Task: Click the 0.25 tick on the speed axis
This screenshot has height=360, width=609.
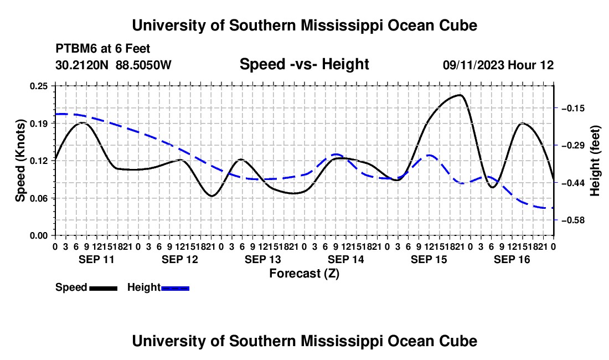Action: (x=39, y=86)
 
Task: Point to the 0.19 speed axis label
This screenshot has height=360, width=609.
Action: (x=39, y=124)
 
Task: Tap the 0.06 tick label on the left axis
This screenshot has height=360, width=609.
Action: (x=39, y=198)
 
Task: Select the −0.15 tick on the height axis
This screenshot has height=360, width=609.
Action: (x=573, y=109)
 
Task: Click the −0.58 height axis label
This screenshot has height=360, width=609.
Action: (x=573, y=220)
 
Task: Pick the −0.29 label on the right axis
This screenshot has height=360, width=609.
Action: (x=573, y=146)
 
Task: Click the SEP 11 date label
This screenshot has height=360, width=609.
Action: (x=97, y=259)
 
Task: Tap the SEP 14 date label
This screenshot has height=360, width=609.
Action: (x=345, y=259)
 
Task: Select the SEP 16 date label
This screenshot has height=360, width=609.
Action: (x=512, y=259)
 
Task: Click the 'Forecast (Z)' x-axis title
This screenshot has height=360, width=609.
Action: (x=304, y=274)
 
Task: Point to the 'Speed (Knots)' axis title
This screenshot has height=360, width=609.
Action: (x=20, y=161)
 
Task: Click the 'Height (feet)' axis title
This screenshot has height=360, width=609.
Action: (x=595, y=161)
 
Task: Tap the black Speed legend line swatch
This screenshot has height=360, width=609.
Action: (x=104, y=289)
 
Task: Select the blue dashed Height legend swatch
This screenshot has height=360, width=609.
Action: (x=175, y=289)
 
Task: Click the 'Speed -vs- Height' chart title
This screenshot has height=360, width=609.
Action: (x=304, y=64)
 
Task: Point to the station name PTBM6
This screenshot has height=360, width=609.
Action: (x=76, y=49)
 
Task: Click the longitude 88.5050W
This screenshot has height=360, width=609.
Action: (x=143, y=65)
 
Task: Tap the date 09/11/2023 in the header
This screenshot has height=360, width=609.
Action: (x=473, y=65)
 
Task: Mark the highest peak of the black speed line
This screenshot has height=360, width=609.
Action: (x=460, y=95)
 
